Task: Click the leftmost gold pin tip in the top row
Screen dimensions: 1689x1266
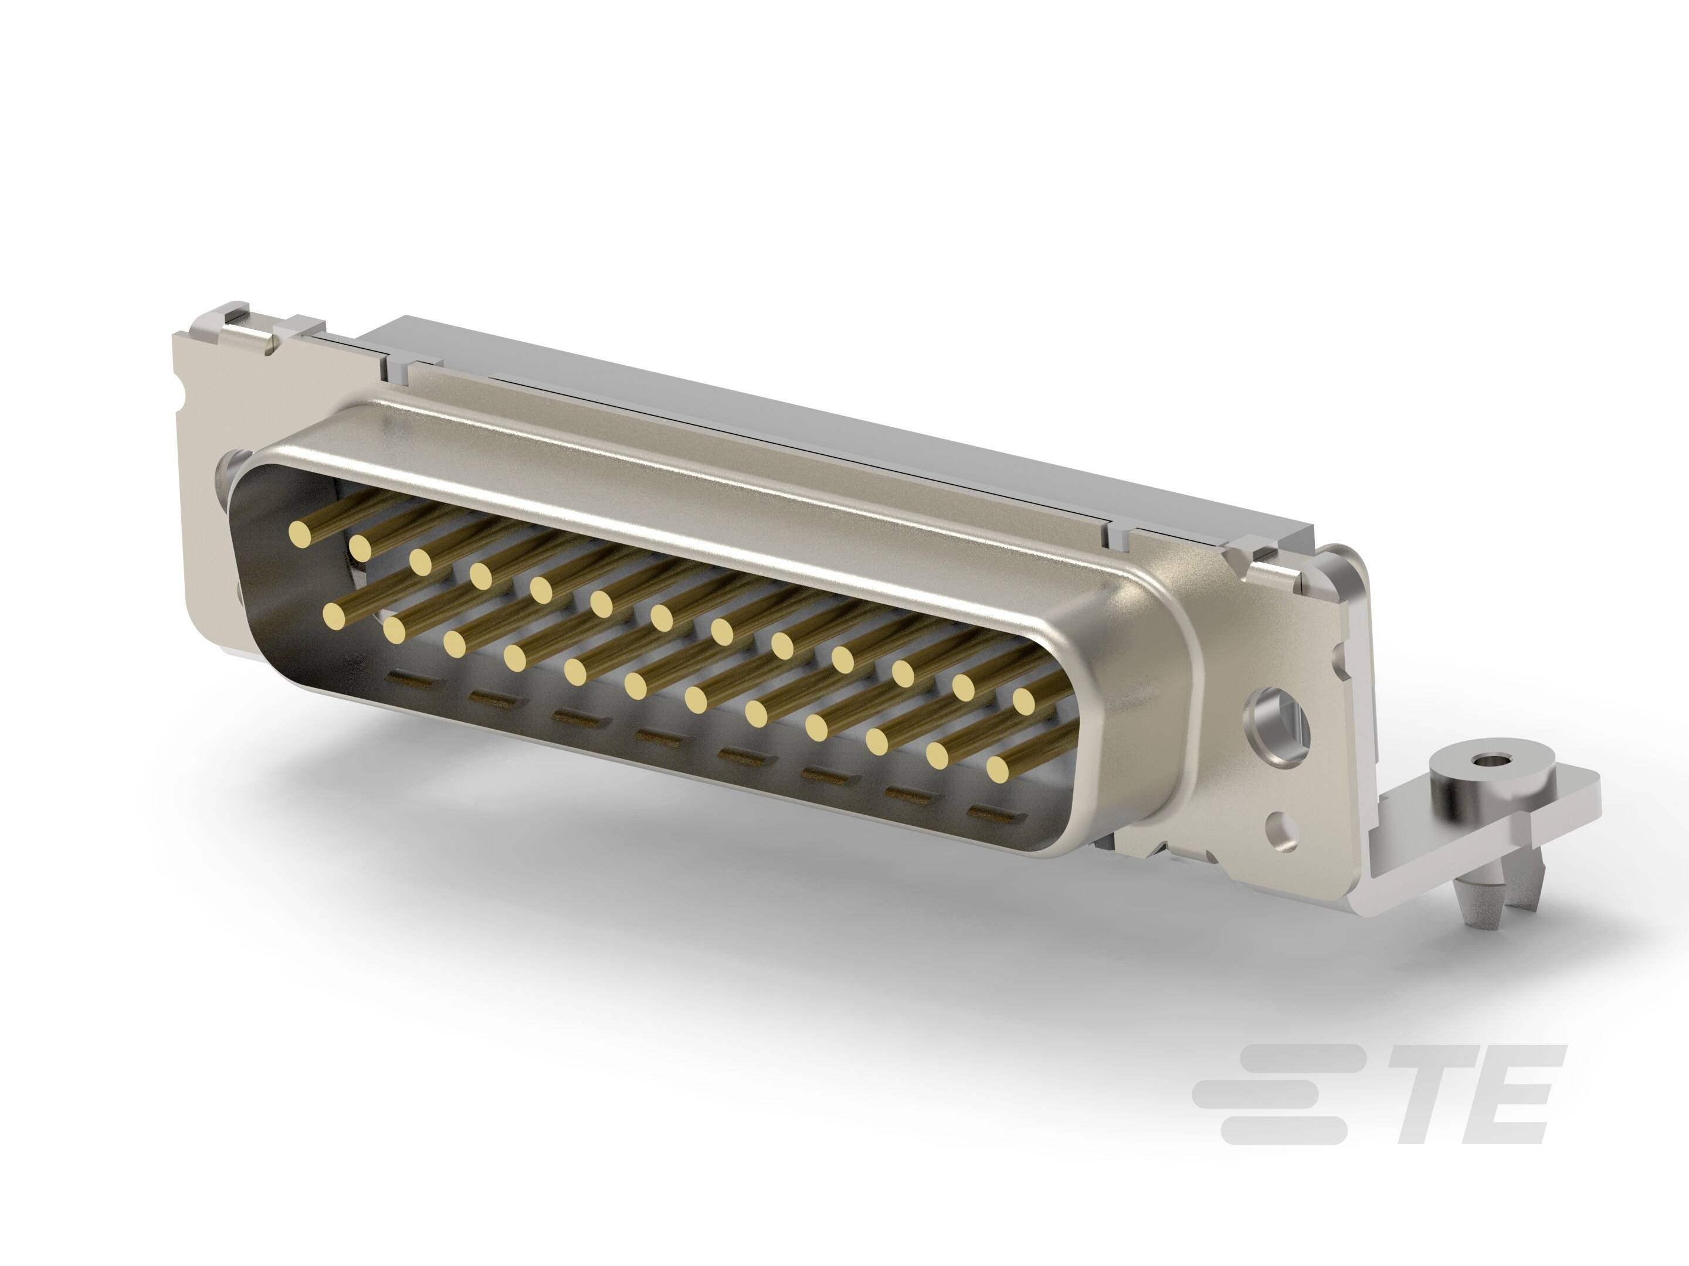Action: click(x=301, y=533)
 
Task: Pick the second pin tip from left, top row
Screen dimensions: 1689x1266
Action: click(x=361, y=546)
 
